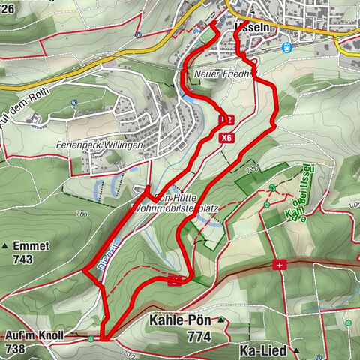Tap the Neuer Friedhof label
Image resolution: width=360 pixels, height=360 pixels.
click(x=224, y=74)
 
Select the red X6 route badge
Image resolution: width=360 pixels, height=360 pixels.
click(x=226, y=138)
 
